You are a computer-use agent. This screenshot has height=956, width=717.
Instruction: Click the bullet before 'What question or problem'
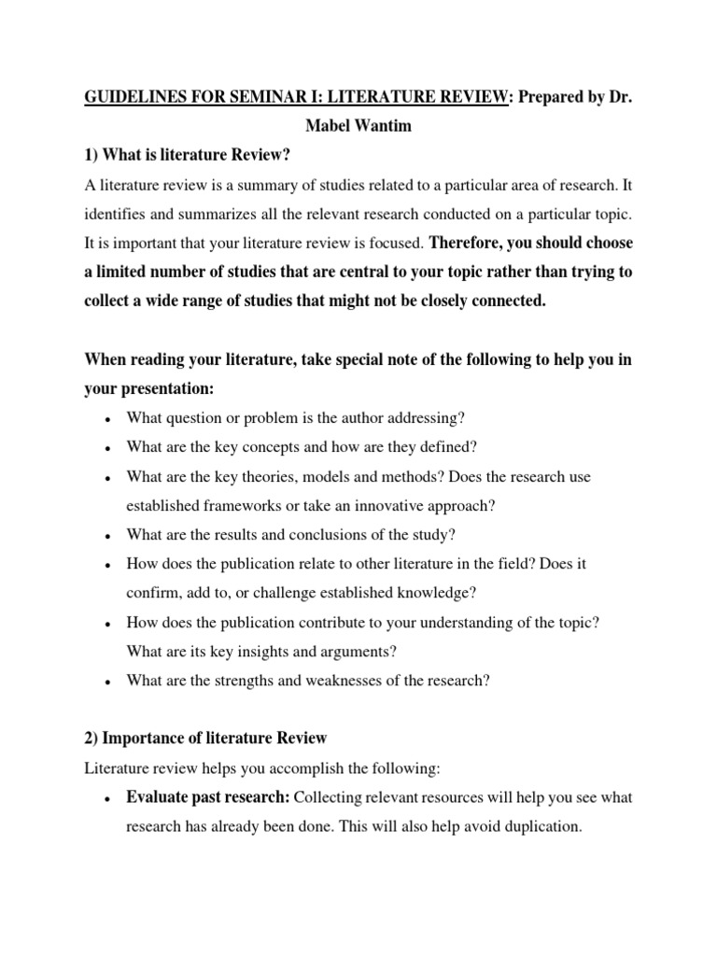(109, 418)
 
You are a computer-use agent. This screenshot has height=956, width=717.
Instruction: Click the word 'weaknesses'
(330, 681)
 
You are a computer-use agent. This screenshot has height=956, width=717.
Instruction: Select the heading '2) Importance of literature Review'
(205, 738)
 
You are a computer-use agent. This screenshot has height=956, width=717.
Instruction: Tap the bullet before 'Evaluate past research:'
(109, 797)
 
